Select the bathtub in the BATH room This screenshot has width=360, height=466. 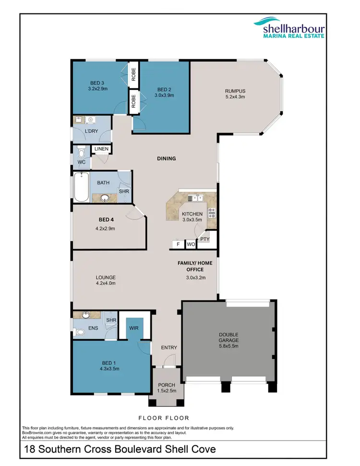[80, 188]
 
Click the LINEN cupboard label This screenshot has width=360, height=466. [101, 149]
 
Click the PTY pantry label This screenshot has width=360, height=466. [204, 238]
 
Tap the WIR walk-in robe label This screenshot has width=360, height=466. [133, 328]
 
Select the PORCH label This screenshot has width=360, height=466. [166, 385]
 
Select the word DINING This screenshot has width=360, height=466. [166, 158]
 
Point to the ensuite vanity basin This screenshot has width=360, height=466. [86, 315]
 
